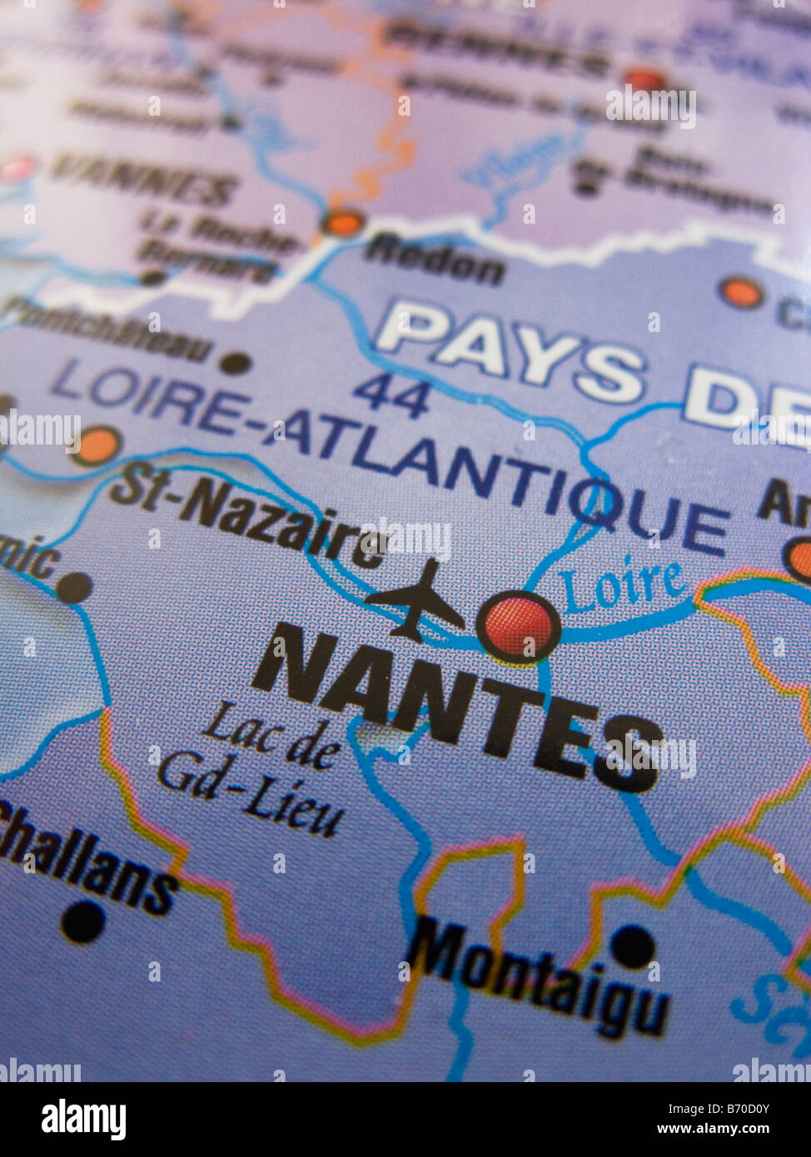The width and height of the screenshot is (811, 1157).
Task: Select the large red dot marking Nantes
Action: (518, 626)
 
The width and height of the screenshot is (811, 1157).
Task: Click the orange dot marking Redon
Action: (342, 222)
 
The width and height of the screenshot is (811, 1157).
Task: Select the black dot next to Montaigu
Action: (632, 946)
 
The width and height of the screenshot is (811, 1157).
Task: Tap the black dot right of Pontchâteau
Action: (236, 362)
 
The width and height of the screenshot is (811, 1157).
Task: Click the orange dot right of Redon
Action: (740, 292)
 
